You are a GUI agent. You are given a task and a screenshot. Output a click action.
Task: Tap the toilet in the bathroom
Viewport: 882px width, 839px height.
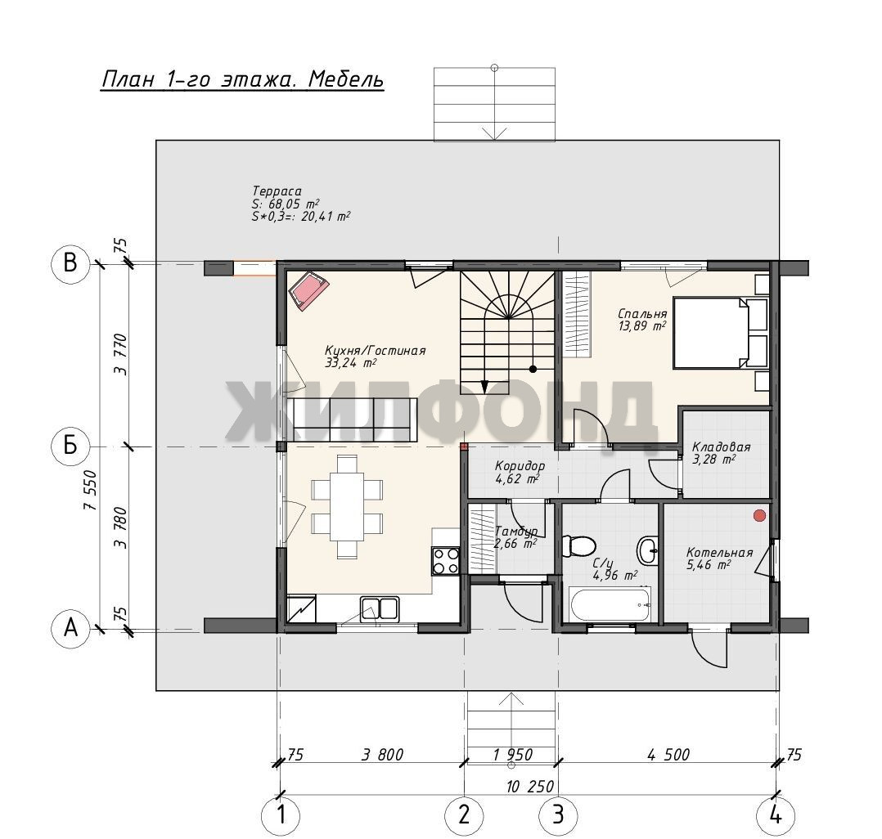(578, 546)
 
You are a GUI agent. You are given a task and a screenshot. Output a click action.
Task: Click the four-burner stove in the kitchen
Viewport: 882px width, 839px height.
(445, 561)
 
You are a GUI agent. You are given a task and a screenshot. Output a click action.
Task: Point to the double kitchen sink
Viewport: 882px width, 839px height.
(379, 608)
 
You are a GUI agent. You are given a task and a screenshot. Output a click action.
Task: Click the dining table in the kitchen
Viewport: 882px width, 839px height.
(347, 506)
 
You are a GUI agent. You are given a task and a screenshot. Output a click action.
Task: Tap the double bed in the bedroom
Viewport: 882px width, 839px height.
(712, 333)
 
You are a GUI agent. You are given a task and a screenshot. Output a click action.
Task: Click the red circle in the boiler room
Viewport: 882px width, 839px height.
(760, 515)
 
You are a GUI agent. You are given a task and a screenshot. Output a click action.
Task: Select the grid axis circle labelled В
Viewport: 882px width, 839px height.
(70, 263)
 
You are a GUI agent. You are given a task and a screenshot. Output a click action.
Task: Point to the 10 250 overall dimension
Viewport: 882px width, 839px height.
(530, 786)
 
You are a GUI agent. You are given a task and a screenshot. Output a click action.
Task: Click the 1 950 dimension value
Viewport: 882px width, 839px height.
(512, 755)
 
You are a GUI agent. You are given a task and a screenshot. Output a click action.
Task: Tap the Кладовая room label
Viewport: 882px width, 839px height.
(721, 447)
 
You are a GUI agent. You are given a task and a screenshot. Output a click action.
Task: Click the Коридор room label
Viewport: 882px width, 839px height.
(520, 466)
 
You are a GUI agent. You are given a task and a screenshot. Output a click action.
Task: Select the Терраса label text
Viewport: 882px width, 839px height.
(277, 191)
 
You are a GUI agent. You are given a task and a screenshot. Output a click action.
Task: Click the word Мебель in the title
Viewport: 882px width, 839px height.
(346, 79)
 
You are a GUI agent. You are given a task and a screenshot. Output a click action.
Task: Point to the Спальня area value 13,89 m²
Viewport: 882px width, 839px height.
(642, 326)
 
